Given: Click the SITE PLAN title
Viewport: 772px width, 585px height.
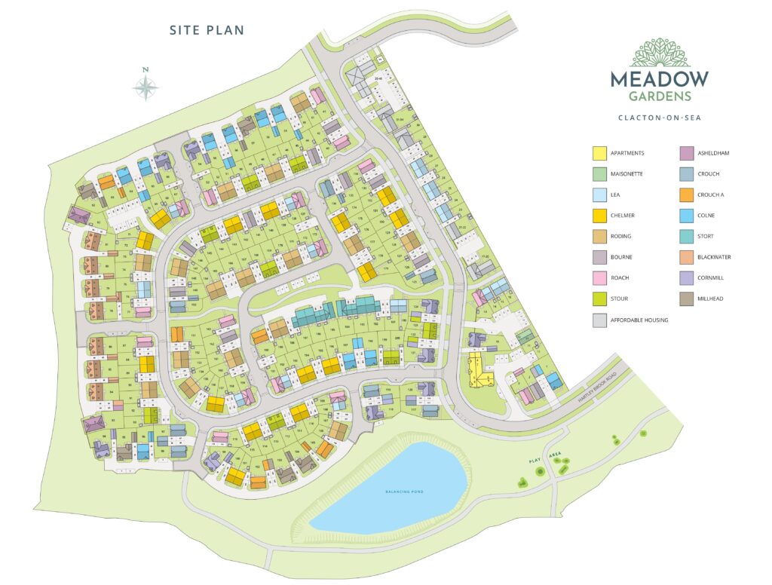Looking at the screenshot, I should [x=206, y=30].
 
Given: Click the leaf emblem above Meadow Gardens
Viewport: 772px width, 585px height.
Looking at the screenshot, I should [x=660, y=53].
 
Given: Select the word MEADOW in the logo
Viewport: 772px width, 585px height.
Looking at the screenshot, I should [x=660, y=78].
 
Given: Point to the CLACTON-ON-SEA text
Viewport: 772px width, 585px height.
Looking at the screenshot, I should [x=660, y=118].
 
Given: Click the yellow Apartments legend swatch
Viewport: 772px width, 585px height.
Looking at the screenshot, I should [x=599, y=153].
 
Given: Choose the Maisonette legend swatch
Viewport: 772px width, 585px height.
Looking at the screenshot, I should [x=599, y=174].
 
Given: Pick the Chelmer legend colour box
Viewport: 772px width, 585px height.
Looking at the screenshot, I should [x=599, y=216].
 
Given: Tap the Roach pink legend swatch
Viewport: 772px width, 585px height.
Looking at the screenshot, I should [x=599, y=278].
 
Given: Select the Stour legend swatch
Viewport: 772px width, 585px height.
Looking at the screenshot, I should [x=599, y=299].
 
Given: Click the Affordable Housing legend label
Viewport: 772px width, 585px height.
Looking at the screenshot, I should [x=639, y=320].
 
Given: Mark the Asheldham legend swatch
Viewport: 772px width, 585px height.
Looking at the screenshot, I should [x=686, y=153].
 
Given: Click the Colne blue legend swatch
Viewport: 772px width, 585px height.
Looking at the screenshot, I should [x=686, y=216].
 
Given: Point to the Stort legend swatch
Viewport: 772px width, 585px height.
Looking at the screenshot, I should [x=686, y=237].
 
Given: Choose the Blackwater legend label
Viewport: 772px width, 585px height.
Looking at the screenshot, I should [x=714, y=257].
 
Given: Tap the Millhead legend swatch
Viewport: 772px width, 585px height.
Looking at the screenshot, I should [x=686, y=299].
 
